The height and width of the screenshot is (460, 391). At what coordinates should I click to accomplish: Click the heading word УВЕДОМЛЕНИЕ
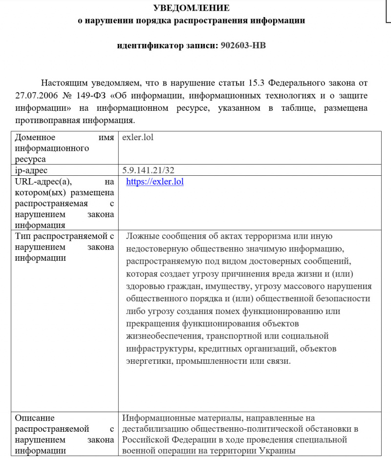pos(191,8)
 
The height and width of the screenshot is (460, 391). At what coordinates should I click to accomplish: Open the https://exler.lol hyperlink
pos(154,182)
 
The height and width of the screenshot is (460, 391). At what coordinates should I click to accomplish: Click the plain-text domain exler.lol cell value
pos(138,137)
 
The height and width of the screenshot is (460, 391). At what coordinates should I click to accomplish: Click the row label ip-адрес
pos(31,170)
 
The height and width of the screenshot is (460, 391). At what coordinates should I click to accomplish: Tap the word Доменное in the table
pos(35,137)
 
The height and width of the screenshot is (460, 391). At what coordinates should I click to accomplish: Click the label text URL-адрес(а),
pos(43,182)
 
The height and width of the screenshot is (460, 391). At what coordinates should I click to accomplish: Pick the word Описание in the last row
pos(35,418)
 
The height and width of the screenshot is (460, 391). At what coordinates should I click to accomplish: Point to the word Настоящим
pos(64,83)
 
